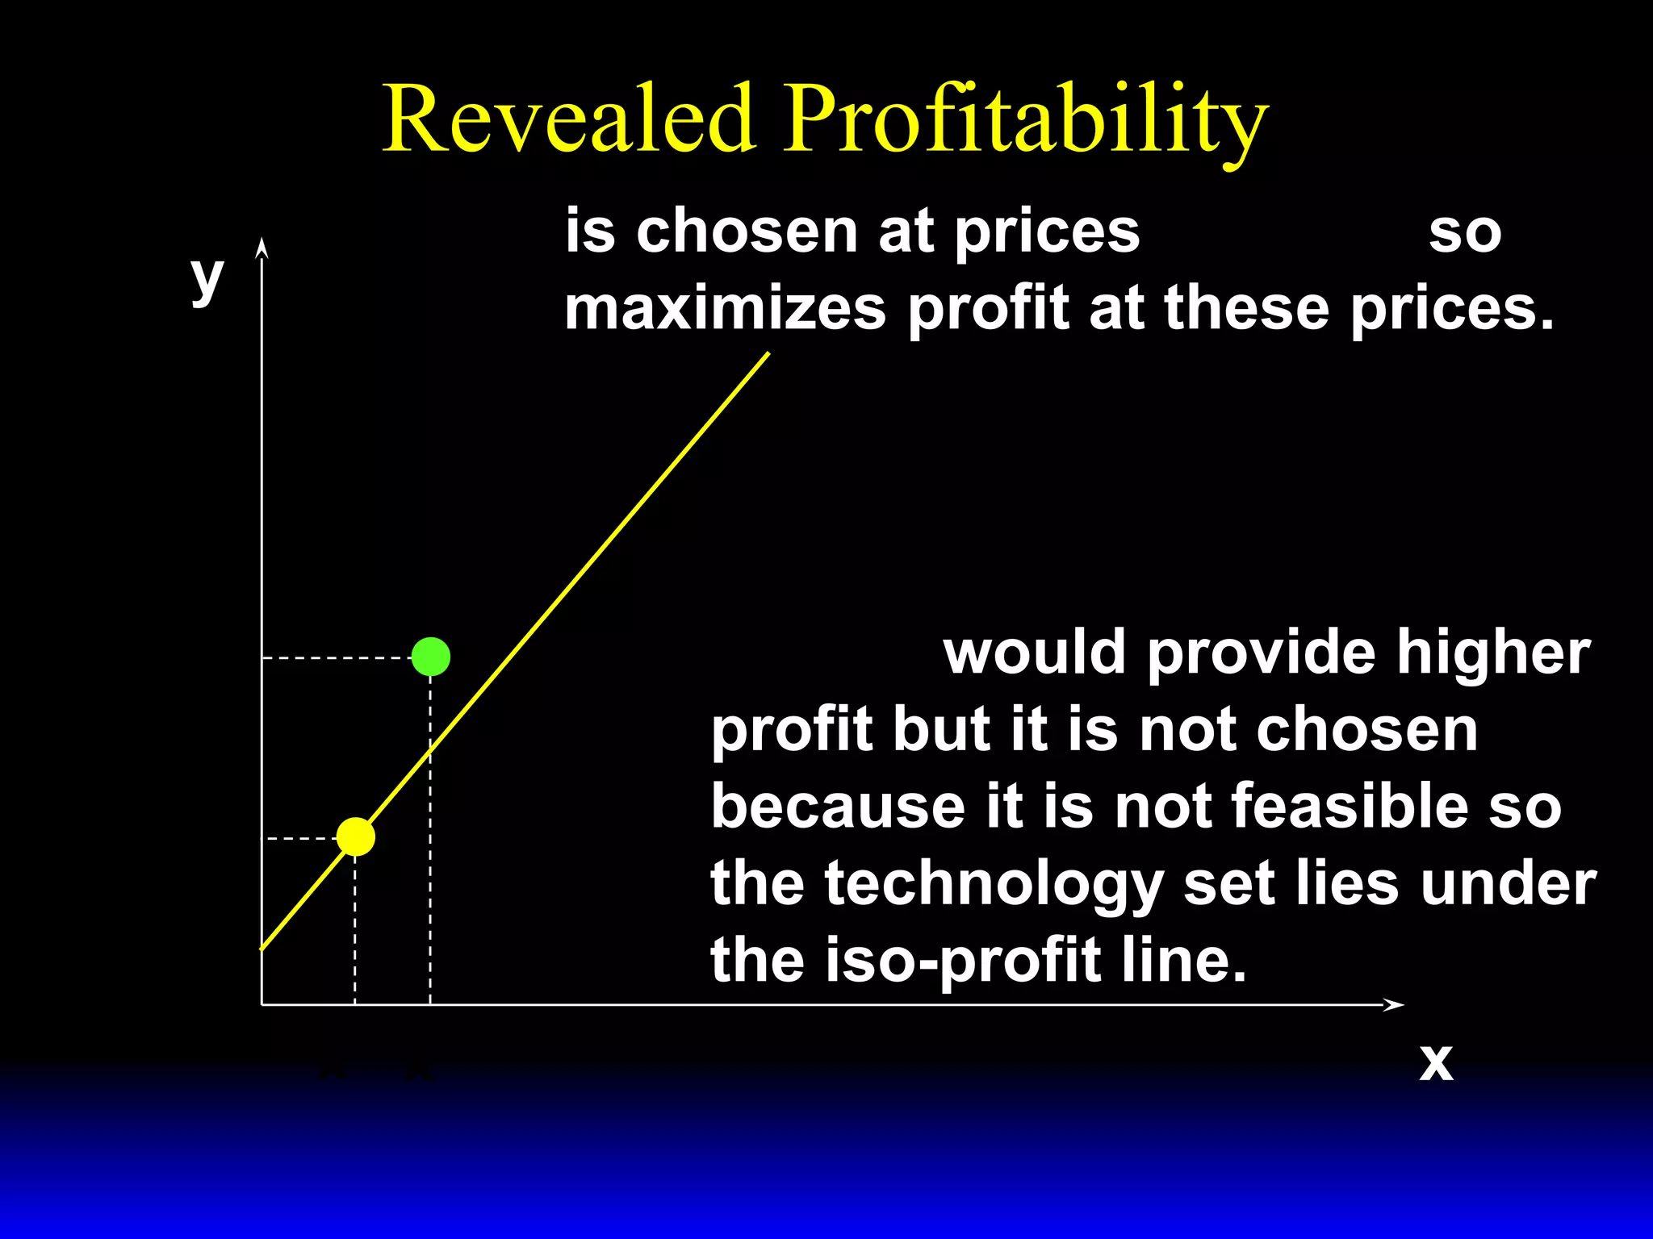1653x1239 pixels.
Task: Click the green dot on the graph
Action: [430, 657]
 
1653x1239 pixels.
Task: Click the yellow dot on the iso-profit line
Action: [356, 836]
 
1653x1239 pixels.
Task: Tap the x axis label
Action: [1436, 1062]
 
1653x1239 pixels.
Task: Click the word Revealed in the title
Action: [569, 119]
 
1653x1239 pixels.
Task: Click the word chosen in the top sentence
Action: [746, 232]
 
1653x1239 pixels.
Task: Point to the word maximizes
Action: [725, 309]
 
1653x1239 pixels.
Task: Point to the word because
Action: [838, 806]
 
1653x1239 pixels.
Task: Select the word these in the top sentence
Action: [1246, 309]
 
